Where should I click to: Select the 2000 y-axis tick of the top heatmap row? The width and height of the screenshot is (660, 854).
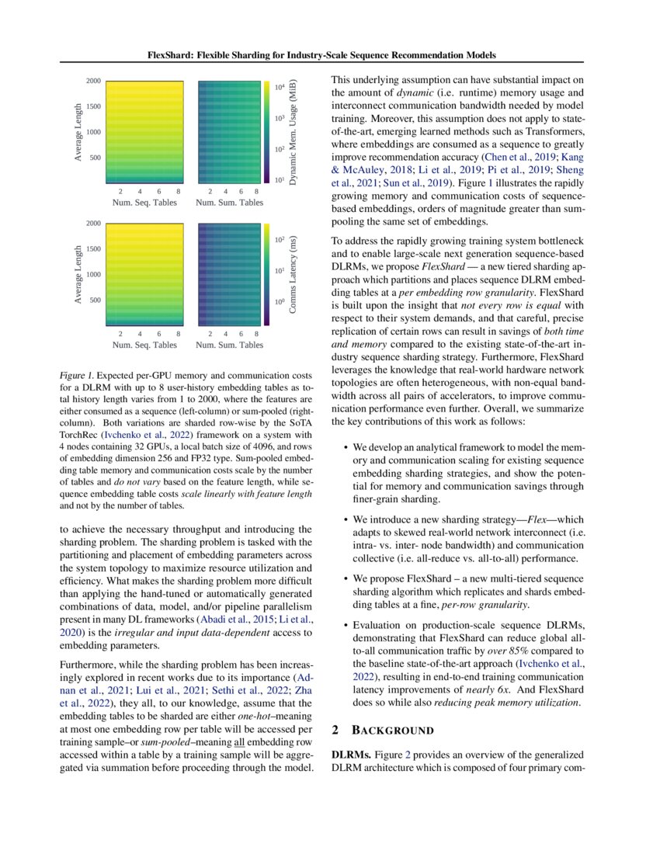(x=93, y=81)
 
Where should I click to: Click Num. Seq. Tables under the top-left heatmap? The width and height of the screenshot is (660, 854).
(x=144, y=203)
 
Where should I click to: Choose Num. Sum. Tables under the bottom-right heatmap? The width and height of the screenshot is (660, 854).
(x=229, y=345)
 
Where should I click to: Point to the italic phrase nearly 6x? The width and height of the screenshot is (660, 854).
(x=482, y=689)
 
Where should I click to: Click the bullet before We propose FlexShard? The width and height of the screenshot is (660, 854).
(x=345, y=579)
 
